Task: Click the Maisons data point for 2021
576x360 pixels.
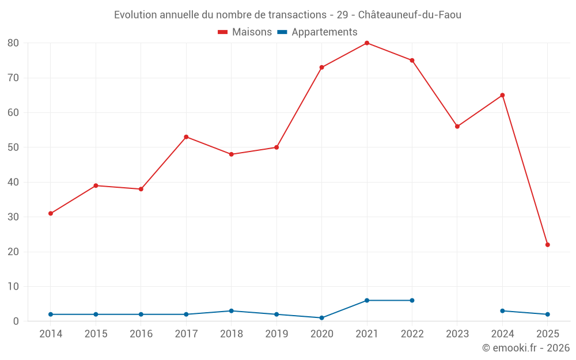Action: [x=367, y=43]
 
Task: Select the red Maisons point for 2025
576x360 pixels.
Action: [x=548, y=245]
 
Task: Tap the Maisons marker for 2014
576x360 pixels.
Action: [x=51, y=214]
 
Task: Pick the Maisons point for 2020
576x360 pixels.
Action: [x=321, y=67]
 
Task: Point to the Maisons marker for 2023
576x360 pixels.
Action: [x=457, y=127]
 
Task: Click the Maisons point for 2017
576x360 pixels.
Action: [x=186, y=137]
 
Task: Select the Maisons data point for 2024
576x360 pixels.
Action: [x=502, y=95]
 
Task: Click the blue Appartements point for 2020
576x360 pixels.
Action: [x=321, y=318]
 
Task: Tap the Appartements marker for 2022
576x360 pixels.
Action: [x=412, y=301]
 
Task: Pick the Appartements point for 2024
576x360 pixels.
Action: [x=502, y=311]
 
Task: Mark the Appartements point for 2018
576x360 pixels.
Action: [x=232, y=311]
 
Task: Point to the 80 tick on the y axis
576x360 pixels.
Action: [x=13, y=43]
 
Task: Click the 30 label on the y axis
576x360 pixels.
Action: [x=13, y=217]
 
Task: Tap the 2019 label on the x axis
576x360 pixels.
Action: [x=276, y=334]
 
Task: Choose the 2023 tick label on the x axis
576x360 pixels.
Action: [x=457, y=334]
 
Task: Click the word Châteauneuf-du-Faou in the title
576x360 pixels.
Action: [x=410, y=15]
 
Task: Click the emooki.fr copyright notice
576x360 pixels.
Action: [x=526, y=348]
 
